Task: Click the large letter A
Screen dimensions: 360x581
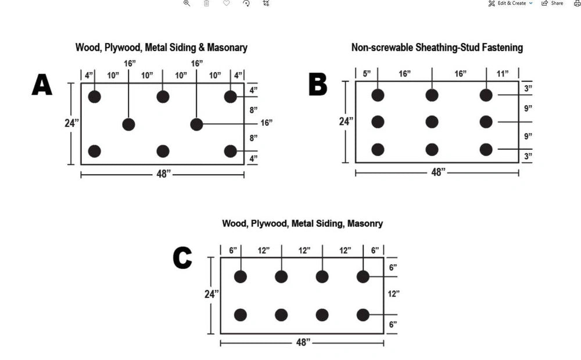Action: pos(42,85)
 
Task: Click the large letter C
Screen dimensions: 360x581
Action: pos(182,259)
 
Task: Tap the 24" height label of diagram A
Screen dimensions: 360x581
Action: pos(71,123)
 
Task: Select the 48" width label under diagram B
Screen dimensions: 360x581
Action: pos(437,172)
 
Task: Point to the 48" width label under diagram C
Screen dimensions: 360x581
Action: pos(302,343)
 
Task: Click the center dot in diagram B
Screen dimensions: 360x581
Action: pos(432,122)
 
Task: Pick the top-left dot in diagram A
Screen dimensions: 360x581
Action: pos(94,96)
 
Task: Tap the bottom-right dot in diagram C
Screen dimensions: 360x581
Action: pos(363,315)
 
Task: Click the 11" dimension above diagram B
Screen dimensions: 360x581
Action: pos(503,73)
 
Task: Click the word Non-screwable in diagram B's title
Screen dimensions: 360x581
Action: pos(381,48)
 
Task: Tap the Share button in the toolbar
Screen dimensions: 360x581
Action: pos(553,3)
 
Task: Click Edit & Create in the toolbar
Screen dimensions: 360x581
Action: pos(511,3)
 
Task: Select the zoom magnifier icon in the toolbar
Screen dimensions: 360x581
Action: pos(187,3)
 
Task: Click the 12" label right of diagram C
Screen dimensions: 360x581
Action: pos(393,294)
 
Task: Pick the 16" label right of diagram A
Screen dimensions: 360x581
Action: pos(266,123)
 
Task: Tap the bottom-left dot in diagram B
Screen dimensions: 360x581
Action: pos(378,149)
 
